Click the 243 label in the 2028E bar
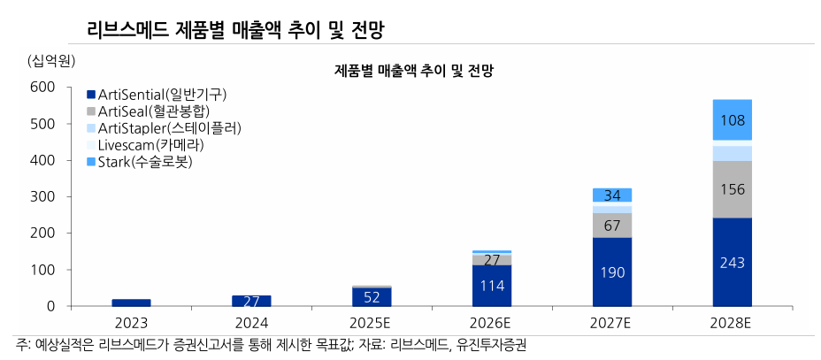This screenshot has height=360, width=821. pyautogui.click(x=733, y=263)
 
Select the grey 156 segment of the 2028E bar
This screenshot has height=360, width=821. pyautogui.click(x=733, y=189)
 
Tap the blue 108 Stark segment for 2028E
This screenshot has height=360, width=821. pyautogui.click(x=733, y=120)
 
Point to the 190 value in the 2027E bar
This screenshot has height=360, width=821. pyautogui.click(x=612, y=272)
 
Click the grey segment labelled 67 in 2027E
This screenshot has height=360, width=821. pyautogui.click(x=612, y=226)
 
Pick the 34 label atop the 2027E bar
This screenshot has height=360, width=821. pyautogui.click(x=612, y=195)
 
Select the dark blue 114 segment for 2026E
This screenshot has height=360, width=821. pyautogui.click(x=492, y=286)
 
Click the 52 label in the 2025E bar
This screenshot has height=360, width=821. pyautogui.click(x=372, y=297)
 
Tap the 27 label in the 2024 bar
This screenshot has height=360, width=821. pyautogui.click(x=251, y=301)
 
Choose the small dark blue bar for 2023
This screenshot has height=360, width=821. pyautogui.click(x=131, y=303)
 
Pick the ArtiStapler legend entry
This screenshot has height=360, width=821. pyautogui.click(x=163, y=128)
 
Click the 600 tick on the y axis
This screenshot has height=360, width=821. pyautogui.click(x=42, y=87)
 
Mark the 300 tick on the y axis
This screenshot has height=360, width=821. pyautogui.click(x=42, y=196)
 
